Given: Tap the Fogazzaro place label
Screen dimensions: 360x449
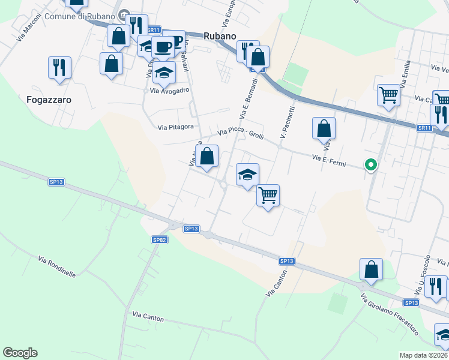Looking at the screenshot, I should point(49,100).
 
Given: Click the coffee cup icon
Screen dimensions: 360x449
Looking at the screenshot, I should point(163,47).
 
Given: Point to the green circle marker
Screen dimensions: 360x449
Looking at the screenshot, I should point(371,164).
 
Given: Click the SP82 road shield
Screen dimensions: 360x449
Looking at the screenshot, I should point(159,239).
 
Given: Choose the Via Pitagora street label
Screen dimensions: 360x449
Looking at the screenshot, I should point(176,127).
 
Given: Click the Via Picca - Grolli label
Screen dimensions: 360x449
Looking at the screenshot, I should point(241,133).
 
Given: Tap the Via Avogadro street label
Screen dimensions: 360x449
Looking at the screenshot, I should point(170,90).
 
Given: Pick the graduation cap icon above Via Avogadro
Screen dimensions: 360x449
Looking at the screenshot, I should point(163,73).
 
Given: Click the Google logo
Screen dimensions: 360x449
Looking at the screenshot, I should point(20,353).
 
